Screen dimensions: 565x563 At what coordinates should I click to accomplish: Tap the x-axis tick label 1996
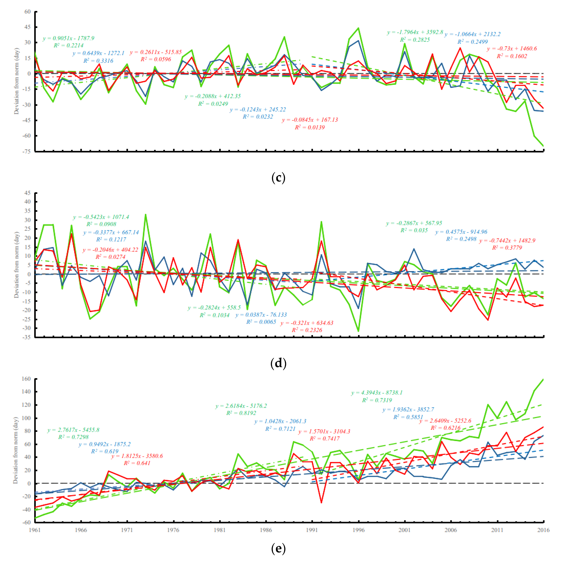coord(358,530)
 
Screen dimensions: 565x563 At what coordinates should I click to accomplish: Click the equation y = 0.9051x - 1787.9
coord(68,38)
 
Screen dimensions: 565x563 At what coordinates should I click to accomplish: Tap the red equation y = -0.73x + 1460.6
coord(512,49)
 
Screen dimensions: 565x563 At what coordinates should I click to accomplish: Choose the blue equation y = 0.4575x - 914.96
coord(461,232)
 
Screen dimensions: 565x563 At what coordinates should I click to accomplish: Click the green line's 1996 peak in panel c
coord(359,28)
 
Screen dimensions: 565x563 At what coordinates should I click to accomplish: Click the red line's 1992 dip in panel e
coord(321,503)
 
